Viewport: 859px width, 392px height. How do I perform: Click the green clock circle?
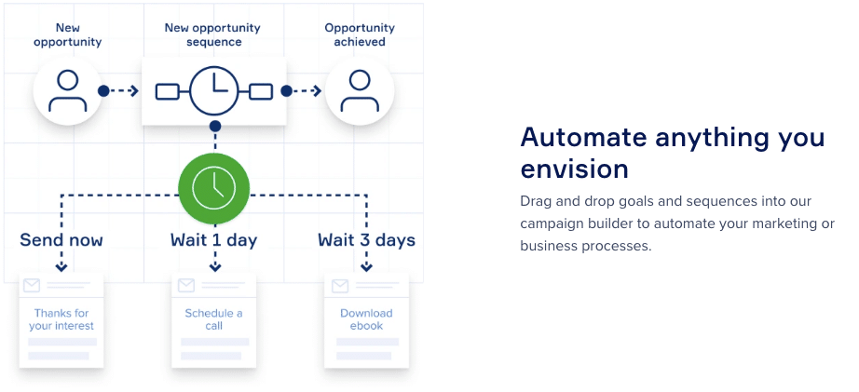click(214, 188)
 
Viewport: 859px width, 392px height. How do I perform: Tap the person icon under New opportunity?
click(67, 91)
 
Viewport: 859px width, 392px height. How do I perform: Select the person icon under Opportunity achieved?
click(360, 91)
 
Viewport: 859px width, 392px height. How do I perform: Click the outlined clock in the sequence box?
click(214, 90)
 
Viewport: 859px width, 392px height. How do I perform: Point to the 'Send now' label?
click(61, 240)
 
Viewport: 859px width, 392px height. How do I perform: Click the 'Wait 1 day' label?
click(213, 240)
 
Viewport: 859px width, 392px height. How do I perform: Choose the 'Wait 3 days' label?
click(366, 240)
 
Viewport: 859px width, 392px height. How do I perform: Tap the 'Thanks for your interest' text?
click(61, 319)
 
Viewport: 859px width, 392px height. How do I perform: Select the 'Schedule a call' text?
click(213, 319)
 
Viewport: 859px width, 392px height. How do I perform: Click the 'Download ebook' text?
click(366, 319)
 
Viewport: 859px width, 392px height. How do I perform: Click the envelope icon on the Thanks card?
click(32, 285)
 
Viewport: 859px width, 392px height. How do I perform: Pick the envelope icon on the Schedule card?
click(186, 285)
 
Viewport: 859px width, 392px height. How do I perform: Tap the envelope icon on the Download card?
click(340, 285)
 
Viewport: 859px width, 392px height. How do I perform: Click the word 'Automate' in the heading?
click(583, 137)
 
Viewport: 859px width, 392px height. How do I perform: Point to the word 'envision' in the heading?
click(574, 169)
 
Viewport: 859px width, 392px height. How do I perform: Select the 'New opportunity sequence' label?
click(212, 34)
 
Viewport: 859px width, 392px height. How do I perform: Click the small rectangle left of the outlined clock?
click(167, 91)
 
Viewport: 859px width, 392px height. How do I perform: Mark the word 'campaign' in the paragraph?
click(553, 223)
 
